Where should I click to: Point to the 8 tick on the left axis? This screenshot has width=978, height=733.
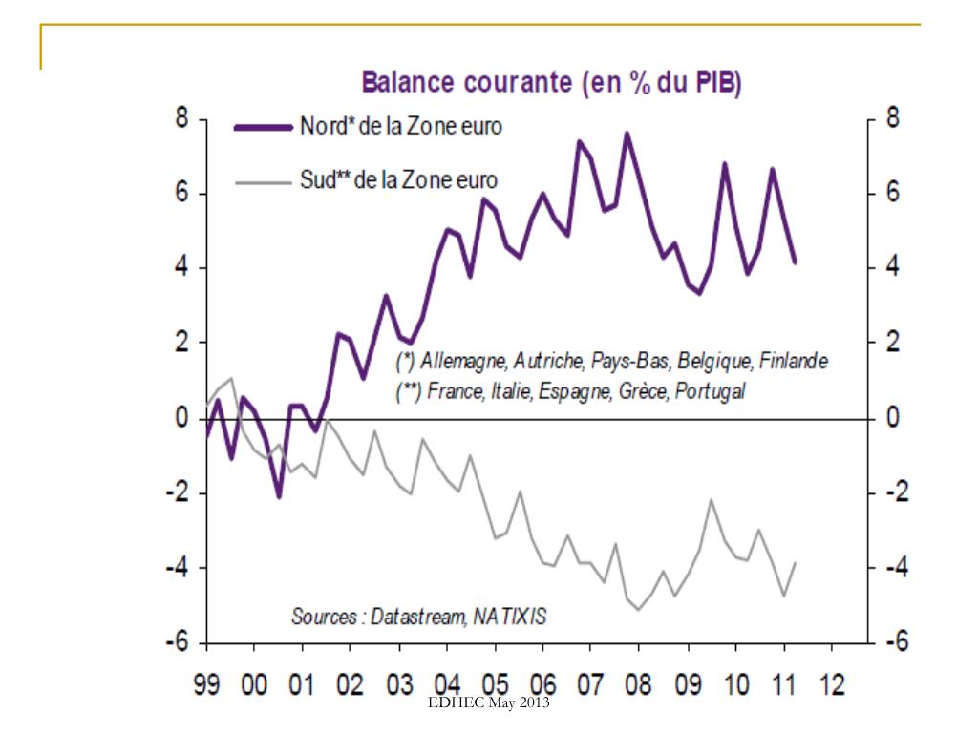[x=178, y=119]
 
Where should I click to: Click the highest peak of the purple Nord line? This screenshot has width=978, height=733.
[x=627, y=134]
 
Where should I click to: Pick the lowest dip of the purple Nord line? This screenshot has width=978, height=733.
[x=279, y=496]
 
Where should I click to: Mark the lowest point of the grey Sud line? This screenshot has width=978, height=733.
[x=638, y=609]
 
